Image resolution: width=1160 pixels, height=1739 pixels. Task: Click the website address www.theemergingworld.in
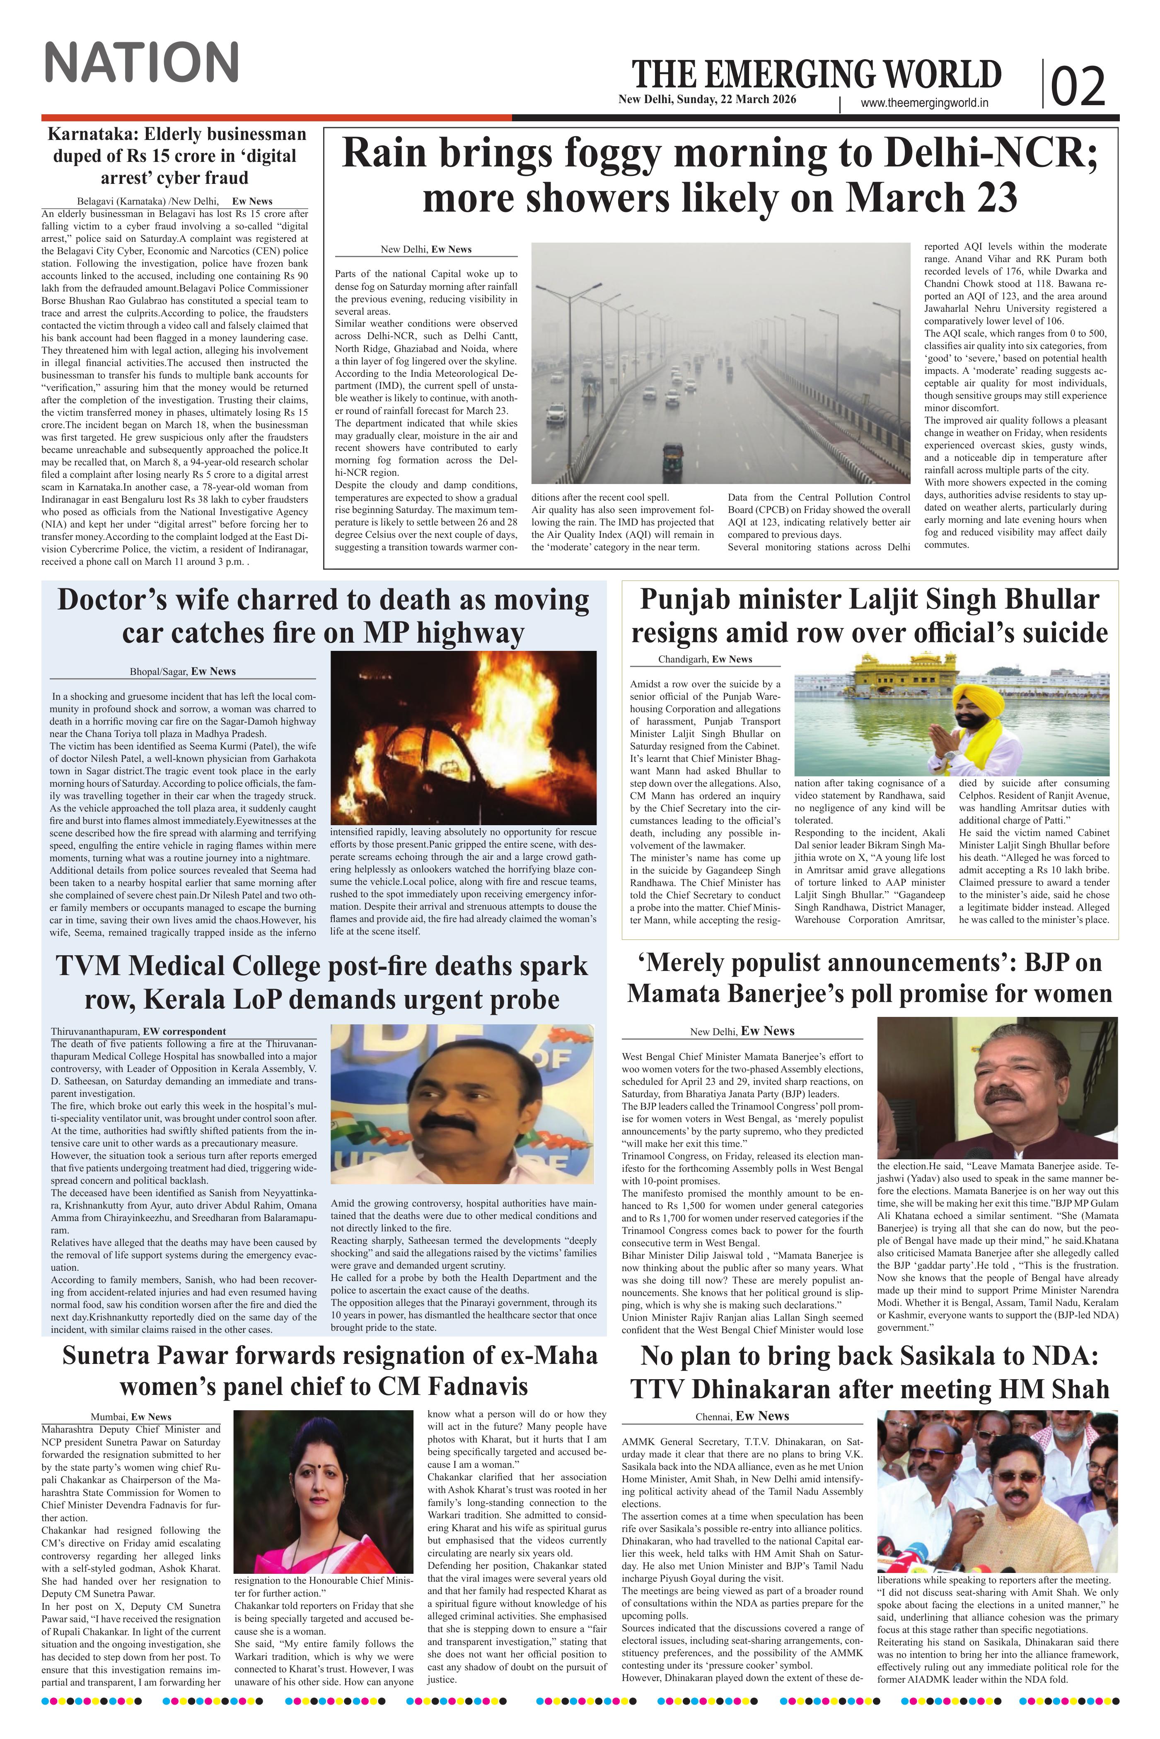pos(925,104)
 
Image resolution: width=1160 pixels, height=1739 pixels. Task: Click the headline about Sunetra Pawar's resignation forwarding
pos(330,1371)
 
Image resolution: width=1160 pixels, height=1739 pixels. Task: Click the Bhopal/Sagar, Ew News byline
pos(183,671)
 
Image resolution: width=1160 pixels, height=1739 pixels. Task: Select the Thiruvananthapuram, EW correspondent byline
pos(138,1031)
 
